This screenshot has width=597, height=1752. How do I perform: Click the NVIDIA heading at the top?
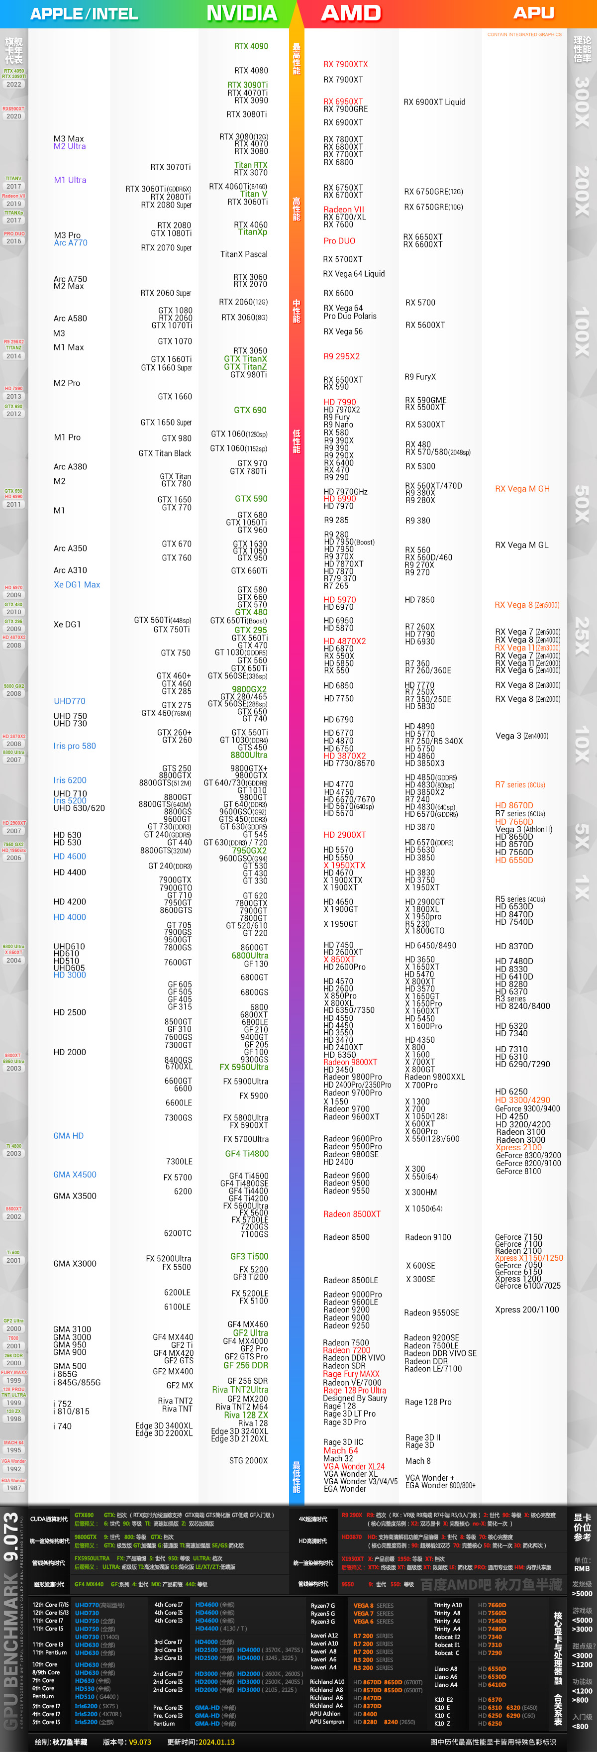coord(241,13)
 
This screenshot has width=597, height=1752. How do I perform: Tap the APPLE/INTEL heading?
coord(84,13)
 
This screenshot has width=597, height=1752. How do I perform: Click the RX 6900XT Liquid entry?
coord(434,102)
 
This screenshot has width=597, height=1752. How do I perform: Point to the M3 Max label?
coord(69,139)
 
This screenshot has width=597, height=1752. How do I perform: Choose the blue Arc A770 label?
coord(71,243)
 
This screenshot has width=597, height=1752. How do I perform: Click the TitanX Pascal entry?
coord(243,254)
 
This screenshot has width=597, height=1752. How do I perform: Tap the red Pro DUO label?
coord(339,241)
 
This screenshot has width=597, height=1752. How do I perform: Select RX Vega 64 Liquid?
coord(354,274)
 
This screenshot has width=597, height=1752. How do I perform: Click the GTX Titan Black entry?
coord(165,453)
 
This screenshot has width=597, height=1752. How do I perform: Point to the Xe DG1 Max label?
coord(77,585)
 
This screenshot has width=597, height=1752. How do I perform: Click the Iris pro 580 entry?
coord(75,746)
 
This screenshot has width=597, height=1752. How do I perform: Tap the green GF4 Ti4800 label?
coord(247,1154)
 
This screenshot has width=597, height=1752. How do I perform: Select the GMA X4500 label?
coord(75,1175)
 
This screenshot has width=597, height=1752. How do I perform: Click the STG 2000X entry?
coord(248,1460)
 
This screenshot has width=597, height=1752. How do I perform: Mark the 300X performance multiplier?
coord(582,101)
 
